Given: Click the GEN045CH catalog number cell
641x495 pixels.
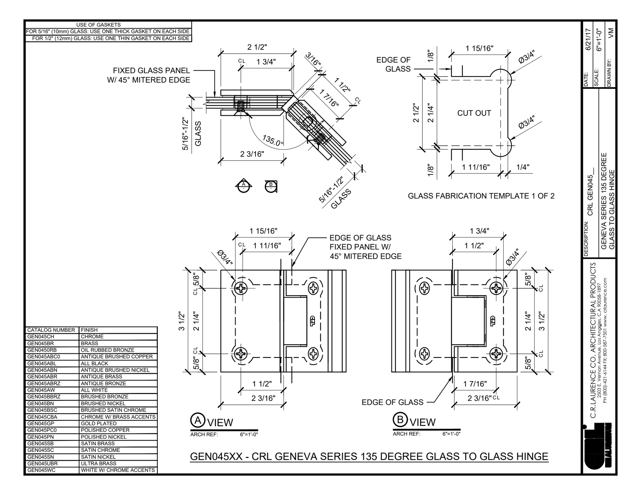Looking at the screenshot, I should [x=41, y=337].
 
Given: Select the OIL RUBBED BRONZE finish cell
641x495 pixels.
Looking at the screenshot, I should [x=107, y=350].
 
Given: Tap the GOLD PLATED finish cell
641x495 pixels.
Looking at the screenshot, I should [x=98, y=424].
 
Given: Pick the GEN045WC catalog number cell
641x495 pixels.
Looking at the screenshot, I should [x=41, y=470].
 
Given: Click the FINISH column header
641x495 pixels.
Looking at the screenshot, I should [x=89, y=330].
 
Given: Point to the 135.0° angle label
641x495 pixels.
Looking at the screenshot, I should [x=273, y=141].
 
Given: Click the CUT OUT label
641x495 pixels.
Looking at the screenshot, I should [x=474, y=113].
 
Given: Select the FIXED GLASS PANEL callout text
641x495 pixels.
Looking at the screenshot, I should [x=152, y=71].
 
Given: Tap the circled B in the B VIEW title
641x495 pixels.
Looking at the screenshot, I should [x=400, y=420].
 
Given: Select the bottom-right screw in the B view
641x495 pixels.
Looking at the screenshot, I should [x=496, y=354].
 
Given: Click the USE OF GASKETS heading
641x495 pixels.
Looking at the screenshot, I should [x=98, y=25].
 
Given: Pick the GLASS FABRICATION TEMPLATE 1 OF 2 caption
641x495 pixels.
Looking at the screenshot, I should [x=481, y=196].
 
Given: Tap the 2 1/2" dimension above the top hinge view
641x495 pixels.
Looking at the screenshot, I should [x=257, y=47].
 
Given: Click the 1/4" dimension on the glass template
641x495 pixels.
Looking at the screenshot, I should [x=523, y=167].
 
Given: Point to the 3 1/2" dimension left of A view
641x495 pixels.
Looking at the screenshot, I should [x=181, y=322].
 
